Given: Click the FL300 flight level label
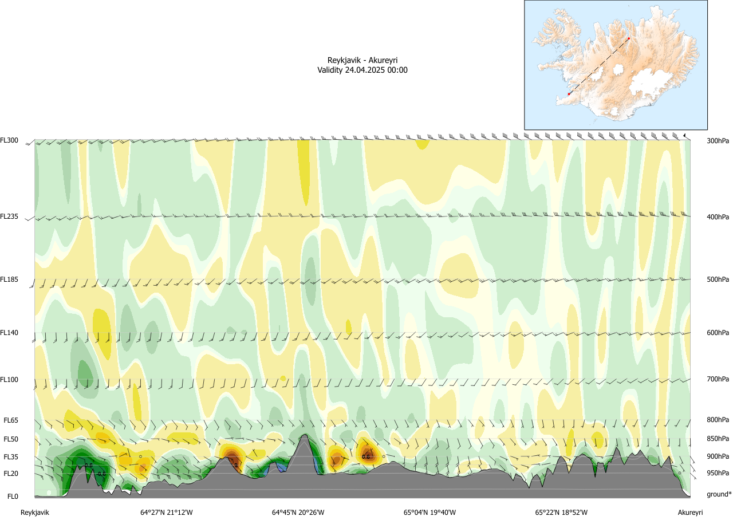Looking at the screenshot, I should click(x=10, y=140).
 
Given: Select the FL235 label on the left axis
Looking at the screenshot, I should click(x=10, y=216).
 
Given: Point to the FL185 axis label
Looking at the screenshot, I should click(x=10, y=279).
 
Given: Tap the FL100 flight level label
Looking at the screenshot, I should click(x=10, y=379).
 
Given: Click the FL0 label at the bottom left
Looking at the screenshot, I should click(x=13, y=496).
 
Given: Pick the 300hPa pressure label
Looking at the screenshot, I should click(x=718, y=140).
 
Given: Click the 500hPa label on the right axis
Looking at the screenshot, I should click(x=718, y=279).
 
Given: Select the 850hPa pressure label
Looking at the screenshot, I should click(x=718, y=439).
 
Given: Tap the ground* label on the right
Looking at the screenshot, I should click(x=719, y=494).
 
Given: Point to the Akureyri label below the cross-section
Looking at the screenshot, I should click(x=690, y=512).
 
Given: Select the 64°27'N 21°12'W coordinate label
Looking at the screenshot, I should click(x=167, y=512).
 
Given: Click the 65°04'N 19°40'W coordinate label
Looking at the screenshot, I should click(x=429, y=512).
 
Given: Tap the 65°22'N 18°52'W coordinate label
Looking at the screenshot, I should click(x=561, y=512).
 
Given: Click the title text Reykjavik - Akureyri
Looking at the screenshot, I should click(x=362, y=60).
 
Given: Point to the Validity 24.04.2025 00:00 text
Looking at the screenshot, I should click(x=362, y=70).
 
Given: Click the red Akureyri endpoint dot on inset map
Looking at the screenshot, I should click(x=629, y=38).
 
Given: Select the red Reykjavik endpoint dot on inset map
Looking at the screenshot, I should click(x=569, y=94).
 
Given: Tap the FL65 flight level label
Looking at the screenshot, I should click(x=11, y=420).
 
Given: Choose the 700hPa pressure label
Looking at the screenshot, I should click(x=718, y=379).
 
